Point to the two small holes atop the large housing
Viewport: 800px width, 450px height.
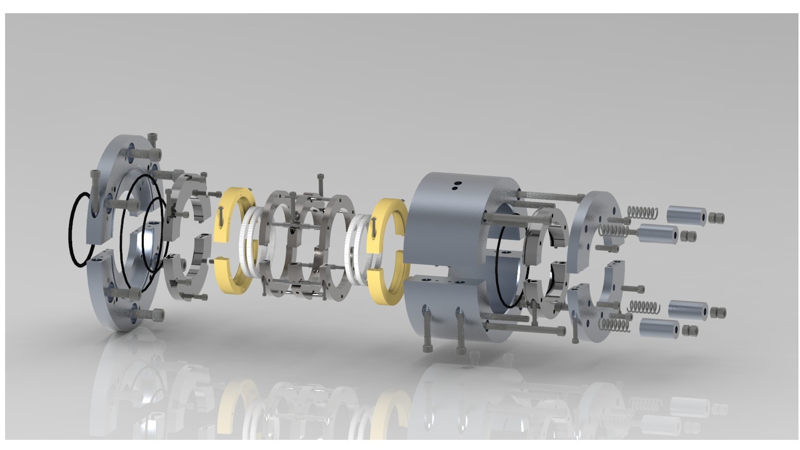(458, 186)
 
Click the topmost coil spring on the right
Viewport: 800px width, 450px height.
(643, 210)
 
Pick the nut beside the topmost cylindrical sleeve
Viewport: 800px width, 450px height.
(717, 217)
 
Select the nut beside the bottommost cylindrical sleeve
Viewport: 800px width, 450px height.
(690, 331)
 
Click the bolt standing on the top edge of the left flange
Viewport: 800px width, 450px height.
(153, 144)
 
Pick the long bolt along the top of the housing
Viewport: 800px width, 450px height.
(549, 196)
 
